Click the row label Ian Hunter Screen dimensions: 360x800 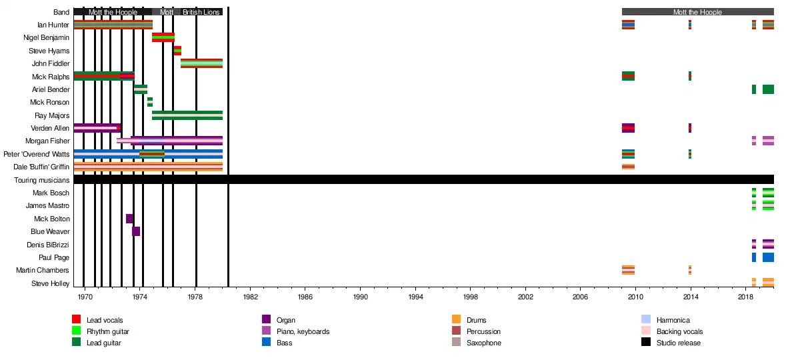(53, 25)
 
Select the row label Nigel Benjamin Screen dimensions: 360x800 (47, 38)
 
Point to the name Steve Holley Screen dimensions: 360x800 (50, 283)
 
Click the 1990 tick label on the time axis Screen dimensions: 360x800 (361, 295)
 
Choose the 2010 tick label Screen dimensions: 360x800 (636, 295)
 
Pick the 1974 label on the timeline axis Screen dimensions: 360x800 (140, 295)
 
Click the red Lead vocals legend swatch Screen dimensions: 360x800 (76, 320)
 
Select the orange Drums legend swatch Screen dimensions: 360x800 (456, 320)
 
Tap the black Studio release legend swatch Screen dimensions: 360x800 (645, 343)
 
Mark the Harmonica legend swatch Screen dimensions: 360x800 (645, 320)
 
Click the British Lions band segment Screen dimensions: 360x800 (201, 12)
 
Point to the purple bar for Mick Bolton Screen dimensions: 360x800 (129, 219)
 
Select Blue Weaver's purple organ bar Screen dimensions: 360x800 (136, 231)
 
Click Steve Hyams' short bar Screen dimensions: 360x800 (177, 51)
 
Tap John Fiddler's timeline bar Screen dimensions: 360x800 (201, 63)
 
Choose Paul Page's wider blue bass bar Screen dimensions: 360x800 (768, 257)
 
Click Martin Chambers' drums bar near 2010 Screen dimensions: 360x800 (628, 270)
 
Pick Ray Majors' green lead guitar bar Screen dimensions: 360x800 (187, 115)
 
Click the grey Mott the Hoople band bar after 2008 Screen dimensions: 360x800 (697, 12)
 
